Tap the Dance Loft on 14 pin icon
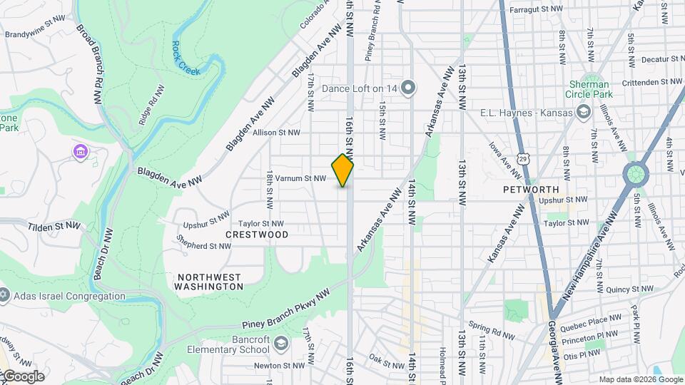(x=408, y=88)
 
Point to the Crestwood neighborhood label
(x=257, y=235)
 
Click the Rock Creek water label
(x=184, y=56)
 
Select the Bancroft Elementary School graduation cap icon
(x=281, y=344)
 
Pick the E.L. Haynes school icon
(x=584, y=112)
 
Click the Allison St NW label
(x=276, y=133)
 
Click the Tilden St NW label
(x=56, y=225)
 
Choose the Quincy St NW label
(x=629, y=289)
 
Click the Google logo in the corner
(x=24, y=376)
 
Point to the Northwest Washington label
(x=209, y=281)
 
